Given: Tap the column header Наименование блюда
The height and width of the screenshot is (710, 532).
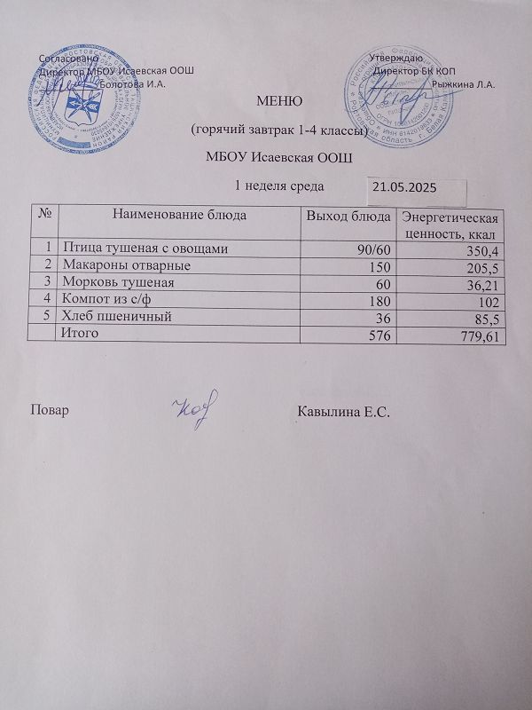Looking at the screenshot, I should (x=178, y=216).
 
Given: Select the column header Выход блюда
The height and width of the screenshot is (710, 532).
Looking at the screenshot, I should (x=348, y=216).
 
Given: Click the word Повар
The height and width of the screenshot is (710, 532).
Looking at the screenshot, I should (x=51, y=412).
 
